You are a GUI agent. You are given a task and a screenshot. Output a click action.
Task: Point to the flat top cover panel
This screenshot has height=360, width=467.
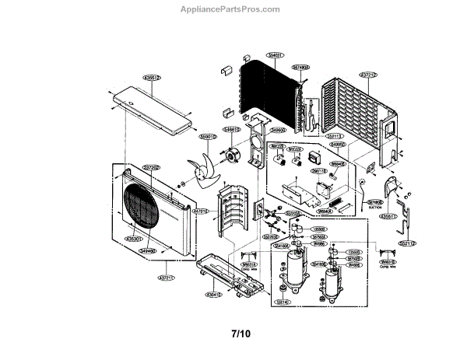coord(155,109)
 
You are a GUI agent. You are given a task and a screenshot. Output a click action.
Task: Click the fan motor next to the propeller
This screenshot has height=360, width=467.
coord(231,156)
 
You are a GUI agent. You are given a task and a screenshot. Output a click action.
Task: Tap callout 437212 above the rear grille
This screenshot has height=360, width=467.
coord(368,75)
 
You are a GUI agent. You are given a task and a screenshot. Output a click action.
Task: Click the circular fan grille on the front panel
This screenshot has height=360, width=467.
coord(139,207)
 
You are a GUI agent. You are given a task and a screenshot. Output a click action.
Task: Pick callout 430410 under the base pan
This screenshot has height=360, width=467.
coord(215,295)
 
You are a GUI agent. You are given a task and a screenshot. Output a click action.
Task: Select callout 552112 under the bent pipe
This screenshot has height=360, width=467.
coord(408,243)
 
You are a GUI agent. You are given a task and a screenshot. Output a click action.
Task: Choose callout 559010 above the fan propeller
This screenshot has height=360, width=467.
coord(208,136)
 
